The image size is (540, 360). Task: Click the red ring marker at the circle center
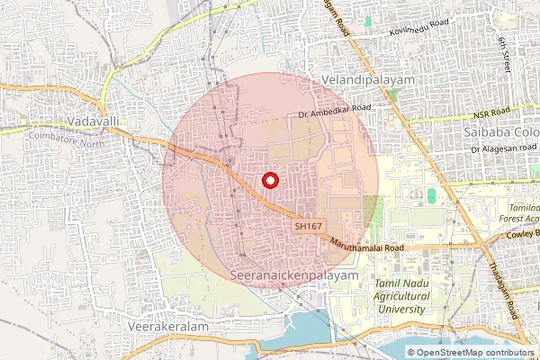(x=269, y=180)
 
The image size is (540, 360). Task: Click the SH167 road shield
(x=308, y=227)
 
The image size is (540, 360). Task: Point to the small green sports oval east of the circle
(x=432, y=195)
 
